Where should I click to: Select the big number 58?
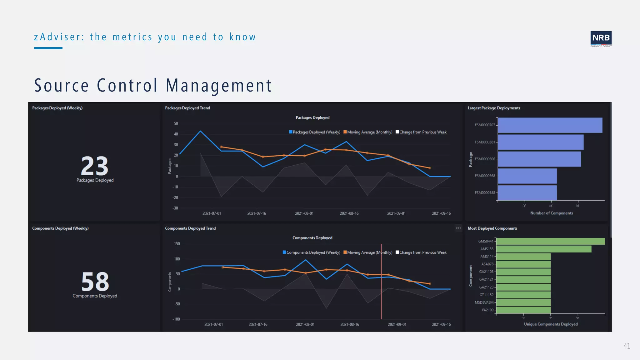click(x=95, y=282)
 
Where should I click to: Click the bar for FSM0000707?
click(x=550, y=125)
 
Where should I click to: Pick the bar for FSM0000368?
click(x=527, y=176)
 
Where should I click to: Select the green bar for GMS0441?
click(x=550, y=241)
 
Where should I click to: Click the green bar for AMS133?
click(x=543, y=249)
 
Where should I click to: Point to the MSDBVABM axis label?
click(x=484, y=302)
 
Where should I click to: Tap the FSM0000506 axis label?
click(x=485, y=159)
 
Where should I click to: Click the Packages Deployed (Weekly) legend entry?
click(x=314, y=132)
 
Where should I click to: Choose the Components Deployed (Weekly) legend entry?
click(x=311, y=252)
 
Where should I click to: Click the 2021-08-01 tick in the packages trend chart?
click(x=304, y=213)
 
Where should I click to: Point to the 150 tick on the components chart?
click(x=177, y=244)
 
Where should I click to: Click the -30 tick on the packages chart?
click(x=175, y=208)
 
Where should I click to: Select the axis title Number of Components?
click(x=552, y=213)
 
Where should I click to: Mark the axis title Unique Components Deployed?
click(x=551, y=324)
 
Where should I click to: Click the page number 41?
click(x=627, y=346)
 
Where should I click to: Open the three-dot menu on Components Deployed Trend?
click(x=458, y=228)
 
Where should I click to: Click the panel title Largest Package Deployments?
click(x=494, y=108)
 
